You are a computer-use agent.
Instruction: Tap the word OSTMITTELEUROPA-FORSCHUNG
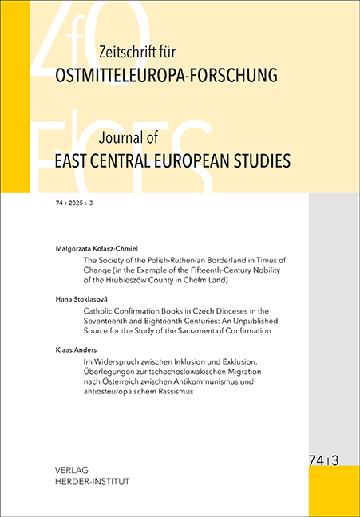(156, 77)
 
